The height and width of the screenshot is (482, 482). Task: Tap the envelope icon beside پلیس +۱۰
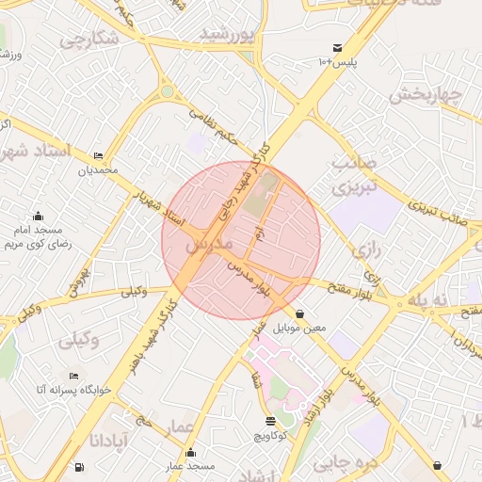click(337, 48)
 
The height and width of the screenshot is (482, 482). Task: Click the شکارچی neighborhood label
click(89, 40)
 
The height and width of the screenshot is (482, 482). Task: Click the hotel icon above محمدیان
click(100, 156)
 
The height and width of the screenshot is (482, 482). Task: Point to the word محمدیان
click(100, 170)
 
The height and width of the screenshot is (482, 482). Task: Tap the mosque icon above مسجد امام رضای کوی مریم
click(38, 217)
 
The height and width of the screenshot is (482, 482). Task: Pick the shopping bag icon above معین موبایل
click(300, 314)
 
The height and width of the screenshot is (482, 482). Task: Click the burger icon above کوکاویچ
click(271, 421)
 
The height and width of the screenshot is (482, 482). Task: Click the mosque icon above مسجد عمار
click(191, 453)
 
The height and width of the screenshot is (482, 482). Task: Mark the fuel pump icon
click(76, 467)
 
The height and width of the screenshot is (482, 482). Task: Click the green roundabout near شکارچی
click(168, 91)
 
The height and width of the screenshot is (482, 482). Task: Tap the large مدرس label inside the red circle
click(208, 244)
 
